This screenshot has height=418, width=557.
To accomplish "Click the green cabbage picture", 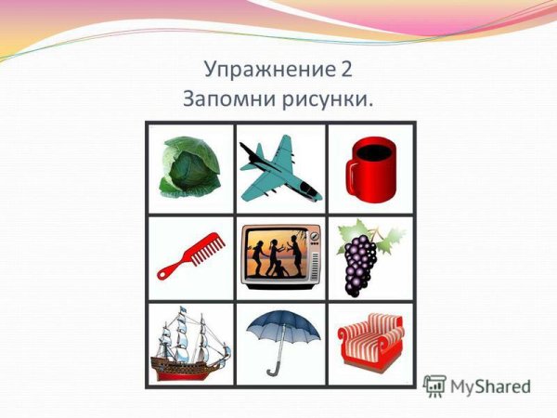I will (190, 166).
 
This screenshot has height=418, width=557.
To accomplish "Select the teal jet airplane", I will (279, 169).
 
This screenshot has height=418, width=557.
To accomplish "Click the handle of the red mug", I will (351, 179).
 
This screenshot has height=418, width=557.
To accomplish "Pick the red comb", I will (191, 255).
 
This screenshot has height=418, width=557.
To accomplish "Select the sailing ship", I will (191, 345).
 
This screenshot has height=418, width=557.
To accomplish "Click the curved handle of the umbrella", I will (272, 371).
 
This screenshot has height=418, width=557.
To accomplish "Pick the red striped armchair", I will (369, 344).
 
